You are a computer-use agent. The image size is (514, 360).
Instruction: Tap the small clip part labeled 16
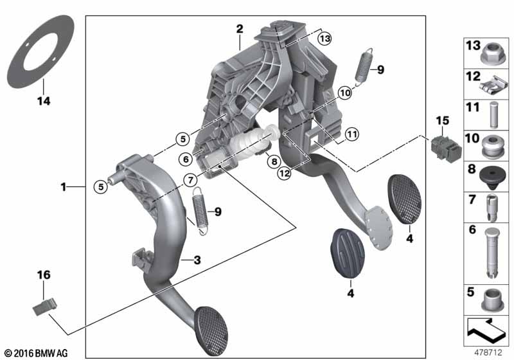point(45,307)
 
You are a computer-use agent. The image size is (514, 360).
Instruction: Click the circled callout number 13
point(324,39)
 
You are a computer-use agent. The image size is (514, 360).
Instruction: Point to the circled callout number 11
point(352,134)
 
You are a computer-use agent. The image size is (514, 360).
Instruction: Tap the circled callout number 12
point(284,173)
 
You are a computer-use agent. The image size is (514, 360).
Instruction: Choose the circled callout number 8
point(274,161)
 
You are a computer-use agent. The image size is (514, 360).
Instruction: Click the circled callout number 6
point(186,159)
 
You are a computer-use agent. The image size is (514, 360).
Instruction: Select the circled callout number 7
point(191,180)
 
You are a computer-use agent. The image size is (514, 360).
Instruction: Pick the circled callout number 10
point(345,93)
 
